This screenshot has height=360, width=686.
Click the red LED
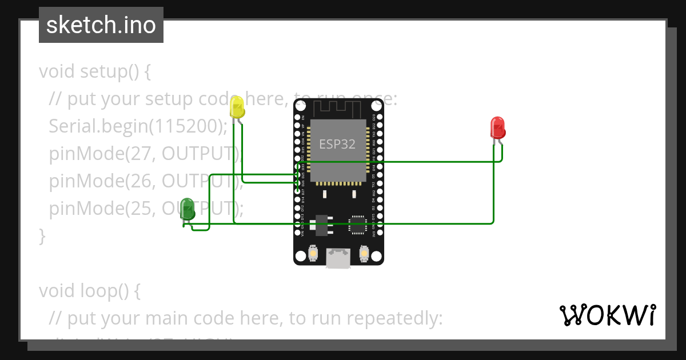[x=498, y=127]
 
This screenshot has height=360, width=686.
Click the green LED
[x=187, y=209]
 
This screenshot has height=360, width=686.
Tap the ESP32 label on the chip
[x=337, y=144]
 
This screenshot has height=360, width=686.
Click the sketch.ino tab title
[x=101, y=25]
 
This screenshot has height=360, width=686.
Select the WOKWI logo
[x=607, y=315]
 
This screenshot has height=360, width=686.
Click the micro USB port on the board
[x=338, y=258]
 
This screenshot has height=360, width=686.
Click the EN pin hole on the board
[x=298, y=117]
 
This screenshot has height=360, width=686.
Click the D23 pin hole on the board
[x=380, y=117]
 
